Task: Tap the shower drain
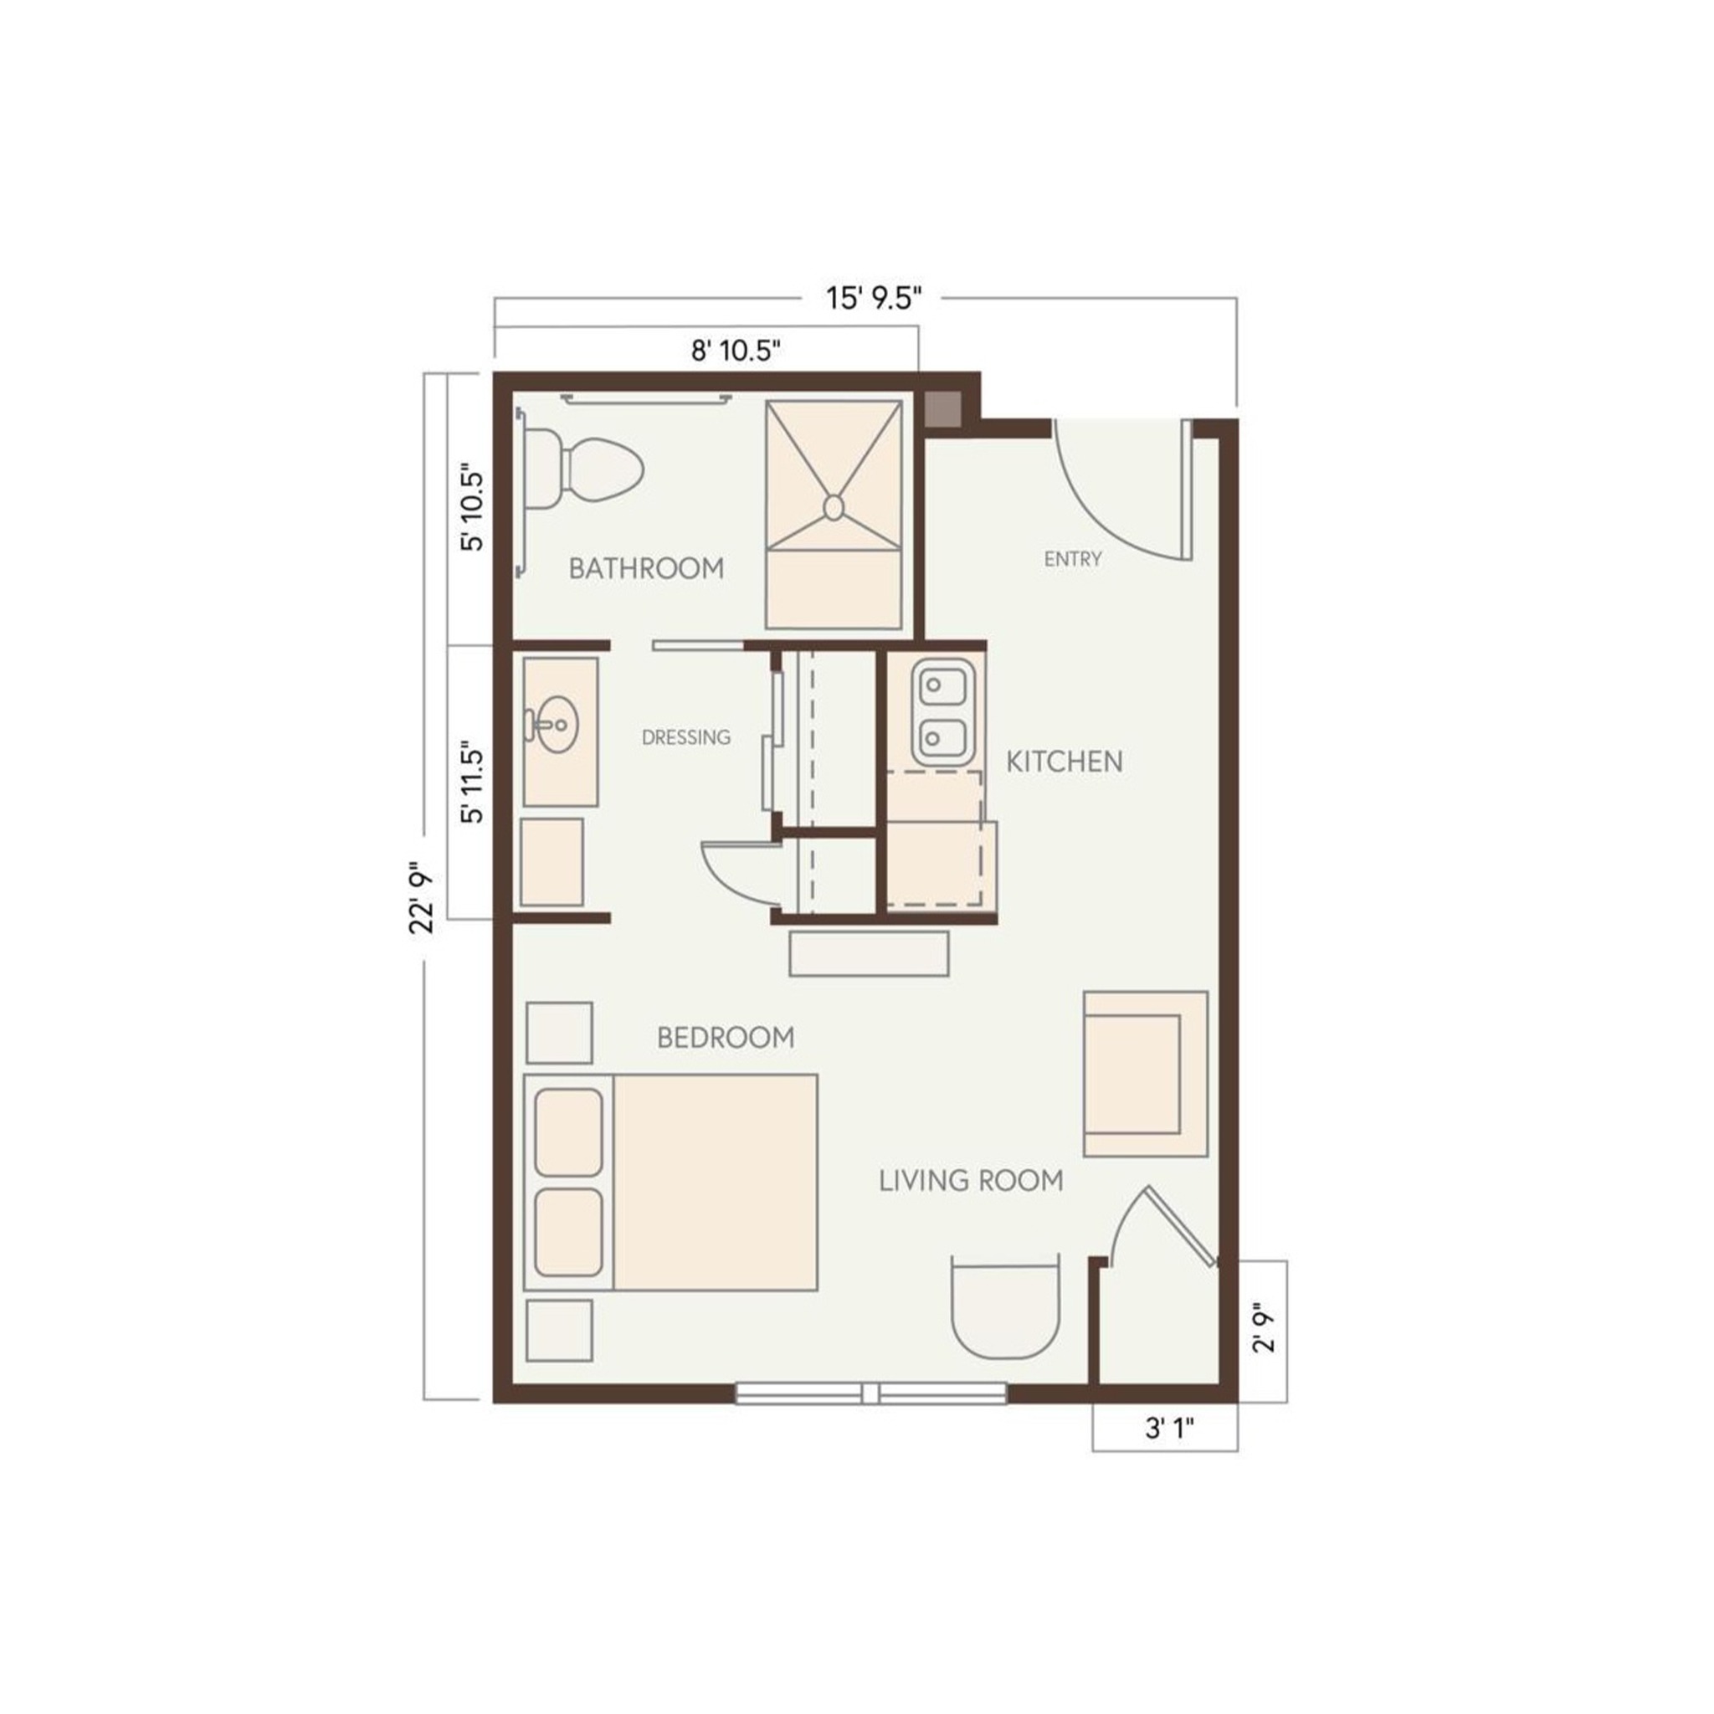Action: pos(833,506)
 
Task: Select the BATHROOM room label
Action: pos(646,567)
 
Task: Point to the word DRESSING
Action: pos(685,737)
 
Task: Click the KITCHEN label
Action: pos(1064,762)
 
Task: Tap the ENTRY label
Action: pos(1073,559)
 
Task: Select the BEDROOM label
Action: pos(726,1037)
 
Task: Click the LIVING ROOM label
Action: pos(971,1181)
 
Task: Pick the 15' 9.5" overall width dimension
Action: pos(875,298)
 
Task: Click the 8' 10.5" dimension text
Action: pos(736,352)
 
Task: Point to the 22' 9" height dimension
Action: pos(423,901)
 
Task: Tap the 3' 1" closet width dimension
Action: pos(1170,1429)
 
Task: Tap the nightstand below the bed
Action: pos(559,1331)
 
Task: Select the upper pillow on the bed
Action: pos(568,1133)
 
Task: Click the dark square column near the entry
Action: pos(943,408)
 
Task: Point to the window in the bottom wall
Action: pos(871,1393)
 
